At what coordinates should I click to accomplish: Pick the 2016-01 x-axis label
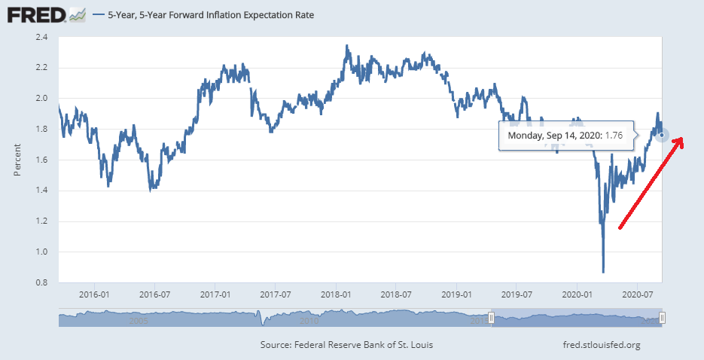coord(92,294)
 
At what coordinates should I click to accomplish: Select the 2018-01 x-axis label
coord(337,294)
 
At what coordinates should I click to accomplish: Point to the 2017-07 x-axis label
coord(276,294)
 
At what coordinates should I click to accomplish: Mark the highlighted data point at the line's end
coord(662,135)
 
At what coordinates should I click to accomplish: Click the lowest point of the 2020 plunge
coord(603,272)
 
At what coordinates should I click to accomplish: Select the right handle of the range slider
coord(662,319)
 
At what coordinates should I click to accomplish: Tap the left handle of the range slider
coord(491,319)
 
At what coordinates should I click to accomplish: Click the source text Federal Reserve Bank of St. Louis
coord(346,345)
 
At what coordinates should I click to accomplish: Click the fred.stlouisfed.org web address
coord(597,345)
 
